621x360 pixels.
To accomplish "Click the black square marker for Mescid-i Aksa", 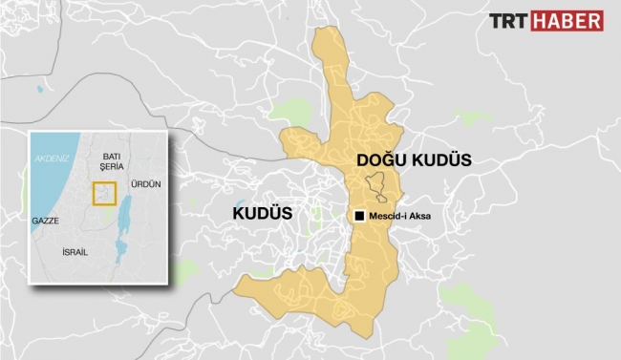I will [x=359, y=217].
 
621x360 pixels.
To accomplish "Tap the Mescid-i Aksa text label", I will [x=399, y=217].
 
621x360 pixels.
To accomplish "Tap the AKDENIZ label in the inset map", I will [x=51, y=159].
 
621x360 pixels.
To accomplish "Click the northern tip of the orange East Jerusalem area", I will [x=328, y=36].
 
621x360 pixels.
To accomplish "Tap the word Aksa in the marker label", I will [x=418, y=217].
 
